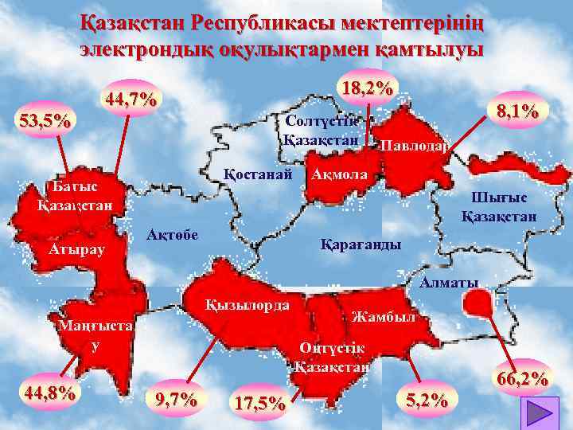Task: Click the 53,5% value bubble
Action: (x=45, y=122)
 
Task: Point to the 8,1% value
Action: (x=517, y=110)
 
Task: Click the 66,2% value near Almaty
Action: (x=522, y=378)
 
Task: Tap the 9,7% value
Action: (x=178, y=398)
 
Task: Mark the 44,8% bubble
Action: (x=51, y=392)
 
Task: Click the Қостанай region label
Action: (x=259, y=173)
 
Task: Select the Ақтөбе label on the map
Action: (x=173, y=234)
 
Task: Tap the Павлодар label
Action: (x=414, y=146)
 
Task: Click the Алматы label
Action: (x=450, y=282)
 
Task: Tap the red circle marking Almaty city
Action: (x=477, y=303)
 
